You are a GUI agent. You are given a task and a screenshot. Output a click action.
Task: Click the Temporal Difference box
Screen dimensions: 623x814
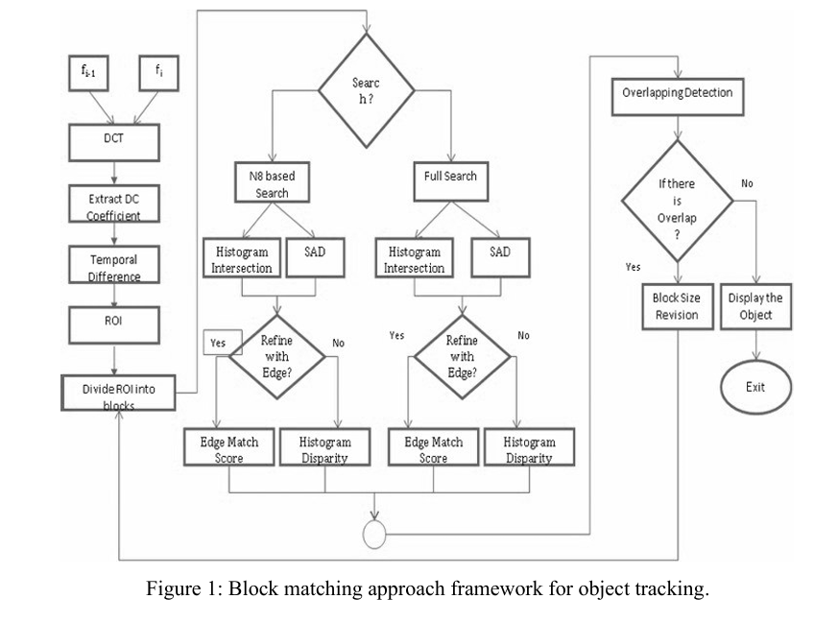[x=113, y=266]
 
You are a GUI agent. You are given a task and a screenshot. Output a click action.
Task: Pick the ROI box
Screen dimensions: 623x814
[x=113, y=324]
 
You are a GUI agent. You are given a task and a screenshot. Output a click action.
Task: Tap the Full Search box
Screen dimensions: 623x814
[x=451, y=178]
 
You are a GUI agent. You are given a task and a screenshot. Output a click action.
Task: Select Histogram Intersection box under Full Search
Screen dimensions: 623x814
[x=416, y=259]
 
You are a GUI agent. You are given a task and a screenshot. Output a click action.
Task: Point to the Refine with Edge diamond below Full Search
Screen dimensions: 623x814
[x=463, y=355]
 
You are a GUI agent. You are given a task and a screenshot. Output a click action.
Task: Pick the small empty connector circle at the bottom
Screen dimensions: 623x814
[x=373, y=531]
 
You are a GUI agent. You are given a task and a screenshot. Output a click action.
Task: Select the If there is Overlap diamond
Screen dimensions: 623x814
[x=678, y=203]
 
